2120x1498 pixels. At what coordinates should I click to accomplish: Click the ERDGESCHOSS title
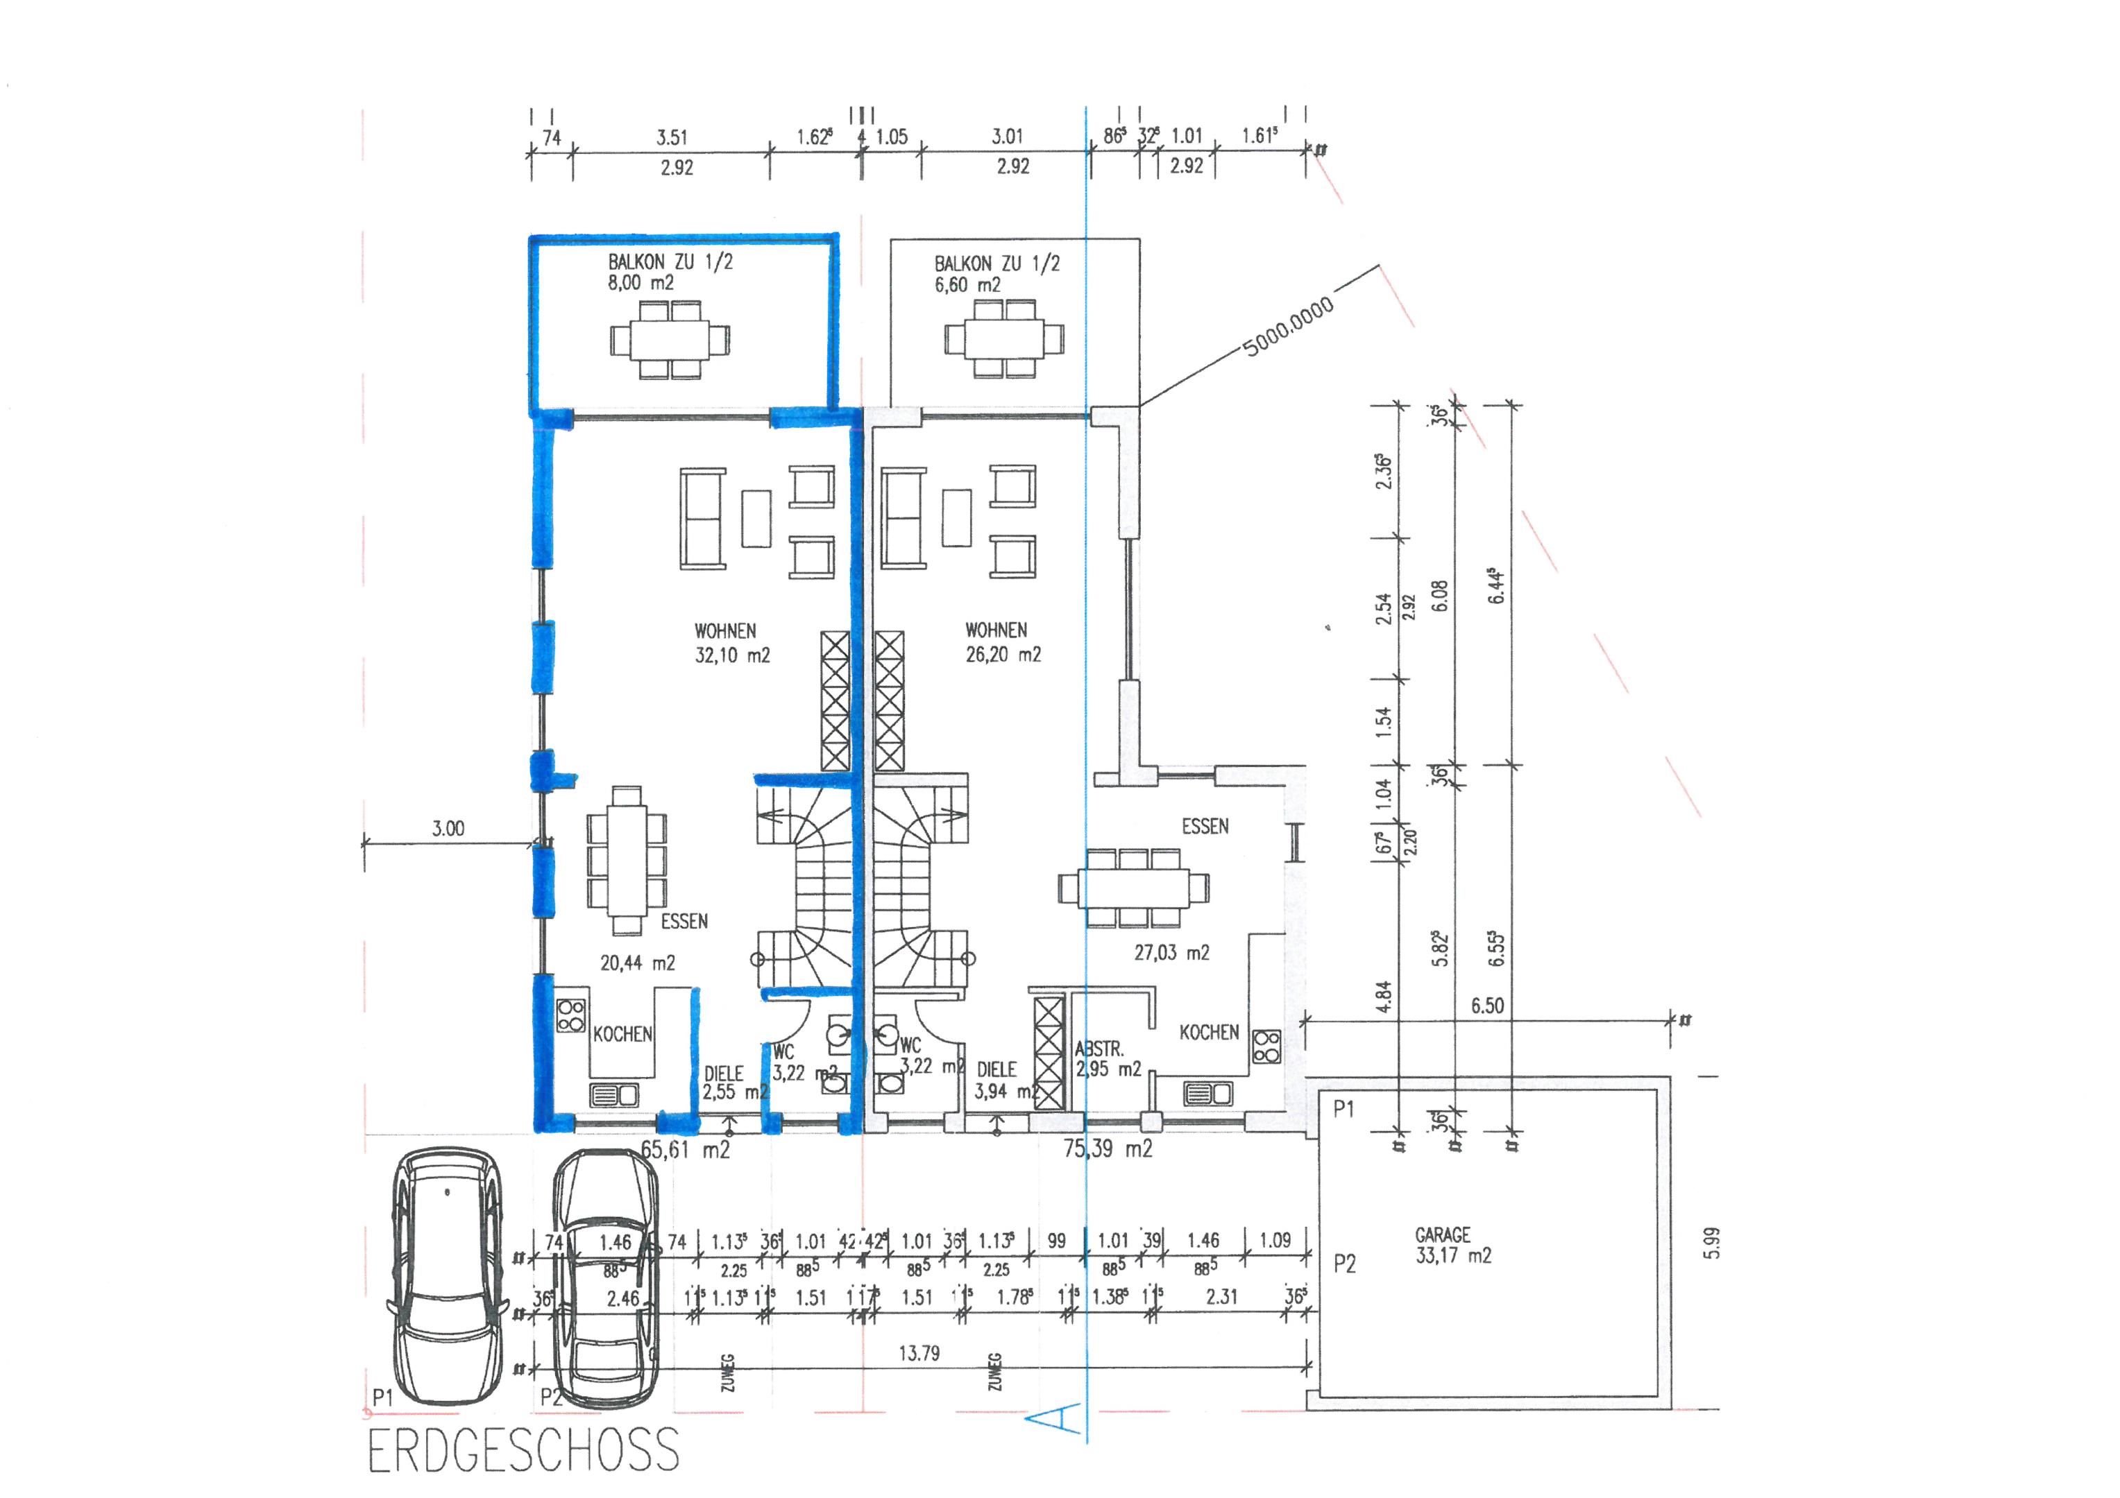523,1450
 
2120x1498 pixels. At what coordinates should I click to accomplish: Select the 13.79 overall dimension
919,1353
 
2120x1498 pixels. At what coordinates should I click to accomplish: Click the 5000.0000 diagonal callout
1288,327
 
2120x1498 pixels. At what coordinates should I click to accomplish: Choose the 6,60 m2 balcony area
967,285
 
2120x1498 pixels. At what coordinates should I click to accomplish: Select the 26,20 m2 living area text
1003,655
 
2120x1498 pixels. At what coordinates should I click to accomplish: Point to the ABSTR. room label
1099,1049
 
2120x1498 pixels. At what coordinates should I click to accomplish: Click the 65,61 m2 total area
685,1149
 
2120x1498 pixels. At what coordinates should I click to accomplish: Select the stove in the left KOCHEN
570,1015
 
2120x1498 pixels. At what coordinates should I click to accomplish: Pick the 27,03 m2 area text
1171,952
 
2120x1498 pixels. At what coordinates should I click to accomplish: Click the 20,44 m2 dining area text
637,963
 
